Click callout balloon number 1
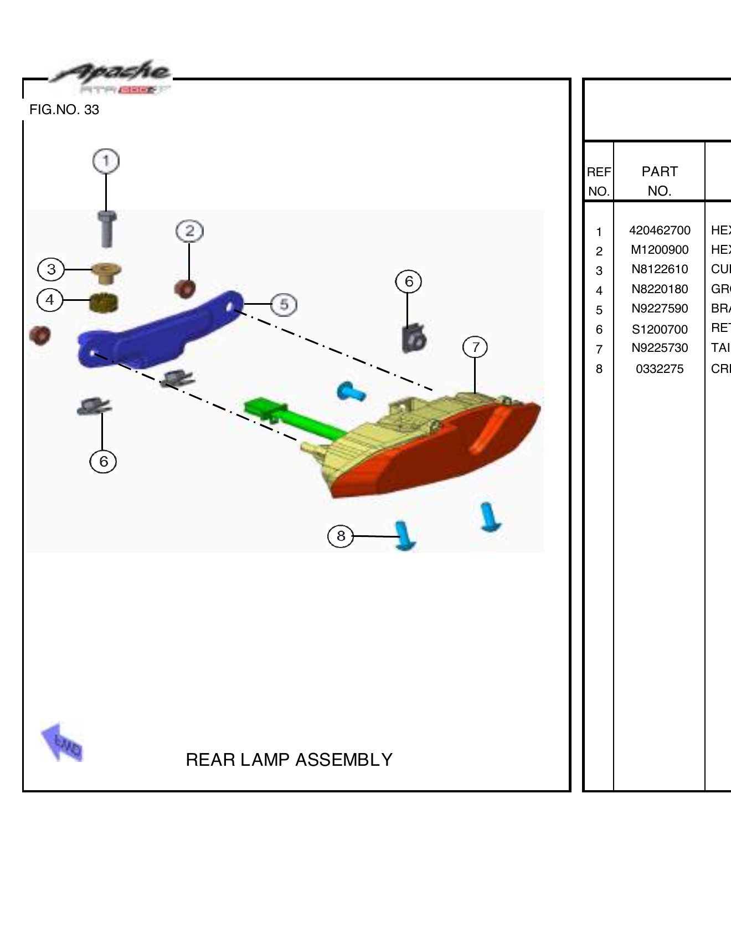tap(106, 161)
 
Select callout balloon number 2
tap(189, 231)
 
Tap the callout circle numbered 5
tap(284, 304)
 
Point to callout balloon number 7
tap(475, 347)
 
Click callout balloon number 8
tap(341, 536)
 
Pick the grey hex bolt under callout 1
tap(107, 229)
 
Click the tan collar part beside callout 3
tap(106, 273)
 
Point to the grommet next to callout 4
tap(104, 303)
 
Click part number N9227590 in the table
tap(660, 309)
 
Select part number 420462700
tap(660, 231)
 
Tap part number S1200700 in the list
tap(660, 330)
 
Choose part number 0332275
tap(660, 369)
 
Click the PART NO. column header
tap(659, 181)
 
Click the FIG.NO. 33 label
tap(64, 110)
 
